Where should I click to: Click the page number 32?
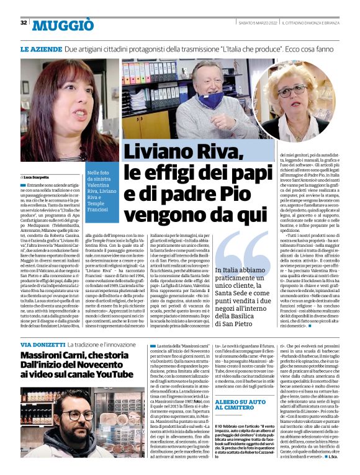point(24,23)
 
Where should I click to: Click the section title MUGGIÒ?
point(63,25)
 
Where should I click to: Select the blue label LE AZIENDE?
point(40,48)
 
